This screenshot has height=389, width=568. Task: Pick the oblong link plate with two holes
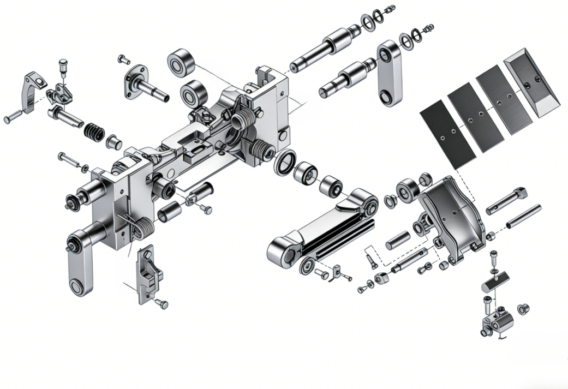coord(390,73)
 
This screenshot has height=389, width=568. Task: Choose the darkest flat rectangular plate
coord(447,134)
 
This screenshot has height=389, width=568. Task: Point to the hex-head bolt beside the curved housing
coord(506,200)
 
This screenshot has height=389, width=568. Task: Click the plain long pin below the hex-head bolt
coord(523,217)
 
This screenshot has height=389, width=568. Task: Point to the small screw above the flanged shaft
coord(123,57)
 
